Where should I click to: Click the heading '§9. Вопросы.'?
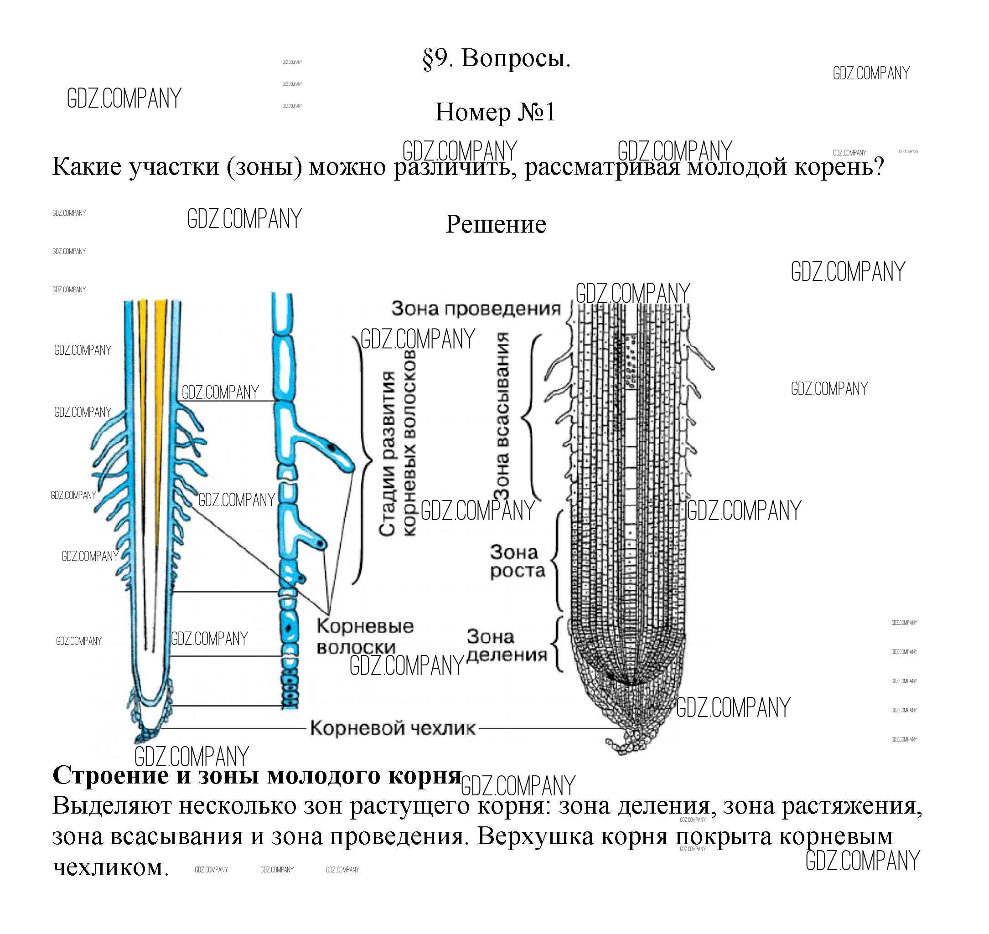point(496,59)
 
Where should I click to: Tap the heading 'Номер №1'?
point(495,112)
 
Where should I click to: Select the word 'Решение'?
point(496,224)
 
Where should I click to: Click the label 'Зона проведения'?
point(476,309)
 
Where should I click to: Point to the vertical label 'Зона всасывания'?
point(502,416)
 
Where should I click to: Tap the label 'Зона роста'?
point(517,561)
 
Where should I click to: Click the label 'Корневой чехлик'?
point(393,728)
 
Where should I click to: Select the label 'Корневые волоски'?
point(365,637)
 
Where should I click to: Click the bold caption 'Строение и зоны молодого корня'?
point(257,775)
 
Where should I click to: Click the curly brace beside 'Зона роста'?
point(558,561)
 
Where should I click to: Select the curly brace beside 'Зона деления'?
point(559,645)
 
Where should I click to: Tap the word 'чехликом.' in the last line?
point(110,867)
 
